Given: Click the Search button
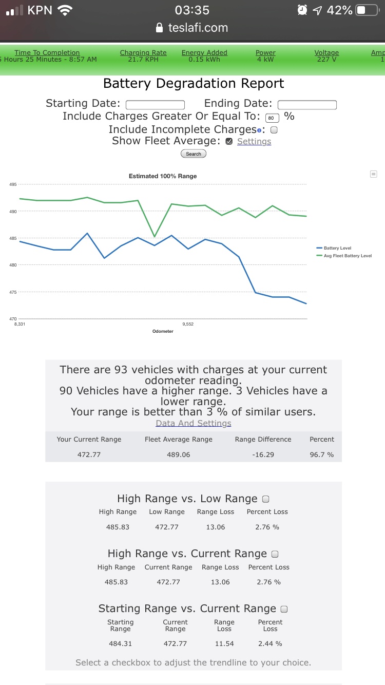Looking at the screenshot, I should (x=194, y=154).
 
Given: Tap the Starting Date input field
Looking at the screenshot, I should (x=155, y=105).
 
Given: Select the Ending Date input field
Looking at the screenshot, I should (x=307, y=105).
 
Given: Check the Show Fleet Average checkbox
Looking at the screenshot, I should (x=229, y=142).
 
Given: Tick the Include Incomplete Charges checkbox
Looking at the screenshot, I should (x=274, y=130).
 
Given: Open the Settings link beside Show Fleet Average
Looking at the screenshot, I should (x=254, y=142).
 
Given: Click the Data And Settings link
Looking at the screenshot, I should (x=194, y=423).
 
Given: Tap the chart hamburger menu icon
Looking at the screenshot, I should (x=373, y=174).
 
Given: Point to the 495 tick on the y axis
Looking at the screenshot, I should (x=13, y=184).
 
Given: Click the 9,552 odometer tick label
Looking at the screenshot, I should (x=188, y=324).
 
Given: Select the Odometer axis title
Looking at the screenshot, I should (x=163, y=331).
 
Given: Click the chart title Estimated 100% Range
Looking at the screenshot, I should (x=163, y=176).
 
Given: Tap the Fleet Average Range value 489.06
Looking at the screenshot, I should (x=178, y=454).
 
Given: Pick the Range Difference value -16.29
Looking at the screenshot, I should (x=263, y=454).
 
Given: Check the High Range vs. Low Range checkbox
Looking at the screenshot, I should (x=266, y=499).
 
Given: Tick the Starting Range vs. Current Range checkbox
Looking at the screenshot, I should (x=284, y=609).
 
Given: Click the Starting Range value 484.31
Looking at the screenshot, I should (x=120, y=643).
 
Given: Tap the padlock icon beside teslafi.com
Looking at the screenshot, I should (x=160, y=28).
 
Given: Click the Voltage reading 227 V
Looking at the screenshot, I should (x=326, y=59).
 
